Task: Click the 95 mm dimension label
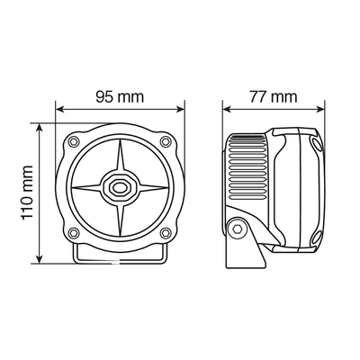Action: point(120,97)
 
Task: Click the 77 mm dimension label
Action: point(274,97)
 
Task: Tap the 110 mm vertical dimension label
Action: point(27,193)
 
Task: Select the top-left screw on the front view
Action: point(74,141)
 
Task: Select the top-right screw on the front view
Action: point(166,141)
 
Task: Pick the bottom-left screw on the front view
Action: point(74,233)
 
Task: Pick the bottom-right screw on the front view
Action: point(166,232)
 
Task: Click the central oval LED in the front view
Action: point(120,188)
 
